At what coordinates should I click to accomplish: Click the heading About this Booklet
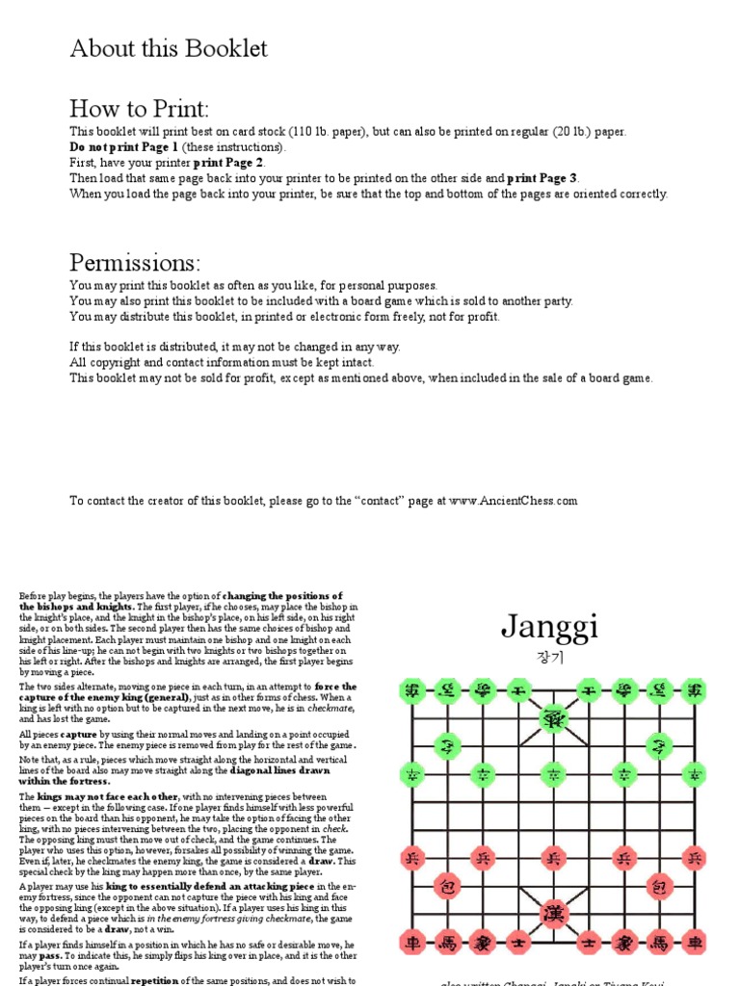(x=169, y=49)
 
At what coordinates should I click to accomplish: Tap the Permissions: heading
(x=135, y=262)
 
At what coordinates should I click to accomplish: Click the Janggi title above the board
(x=549, y=628)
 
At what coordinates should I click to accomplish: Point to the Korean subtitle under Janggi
(x=548, y=658)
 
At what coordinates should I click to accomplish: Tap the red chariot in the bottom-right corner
(x=694, y=942)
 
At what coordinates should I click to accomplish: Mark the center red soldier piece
(x=553, y=857)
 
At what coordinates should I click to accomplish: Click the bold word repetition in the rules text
(x=158, y=980)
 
